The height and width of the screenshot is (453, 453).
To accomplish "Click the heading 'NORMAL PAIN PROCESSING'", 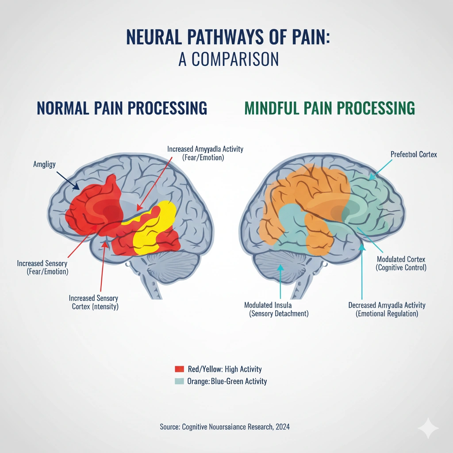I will (x=122, y=108).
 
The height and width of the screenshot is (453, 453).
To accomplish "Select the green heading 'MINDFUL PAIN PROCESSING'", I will (x=330, y=108).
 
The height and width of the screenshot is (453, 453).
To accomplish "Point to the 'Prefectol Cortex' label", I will (x=413, y=154).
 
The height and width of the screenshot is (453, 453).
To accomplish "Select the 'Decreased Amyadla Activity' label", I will (x=387, y=305).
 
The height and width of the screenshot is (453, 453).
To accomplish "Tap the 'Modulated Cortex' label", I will (x=401, y=259).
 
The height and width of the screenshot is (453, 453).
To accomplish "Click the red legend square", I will (x=179, y=369).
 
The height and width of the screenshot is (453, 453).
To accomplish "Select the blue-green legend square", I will (x=179, y=381).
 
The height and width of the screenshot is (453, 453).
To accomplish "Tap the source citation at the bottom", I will (x=225, y=427).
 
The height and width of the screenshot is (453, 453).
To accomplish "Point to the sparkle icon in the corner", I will (x=428, y=428).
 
